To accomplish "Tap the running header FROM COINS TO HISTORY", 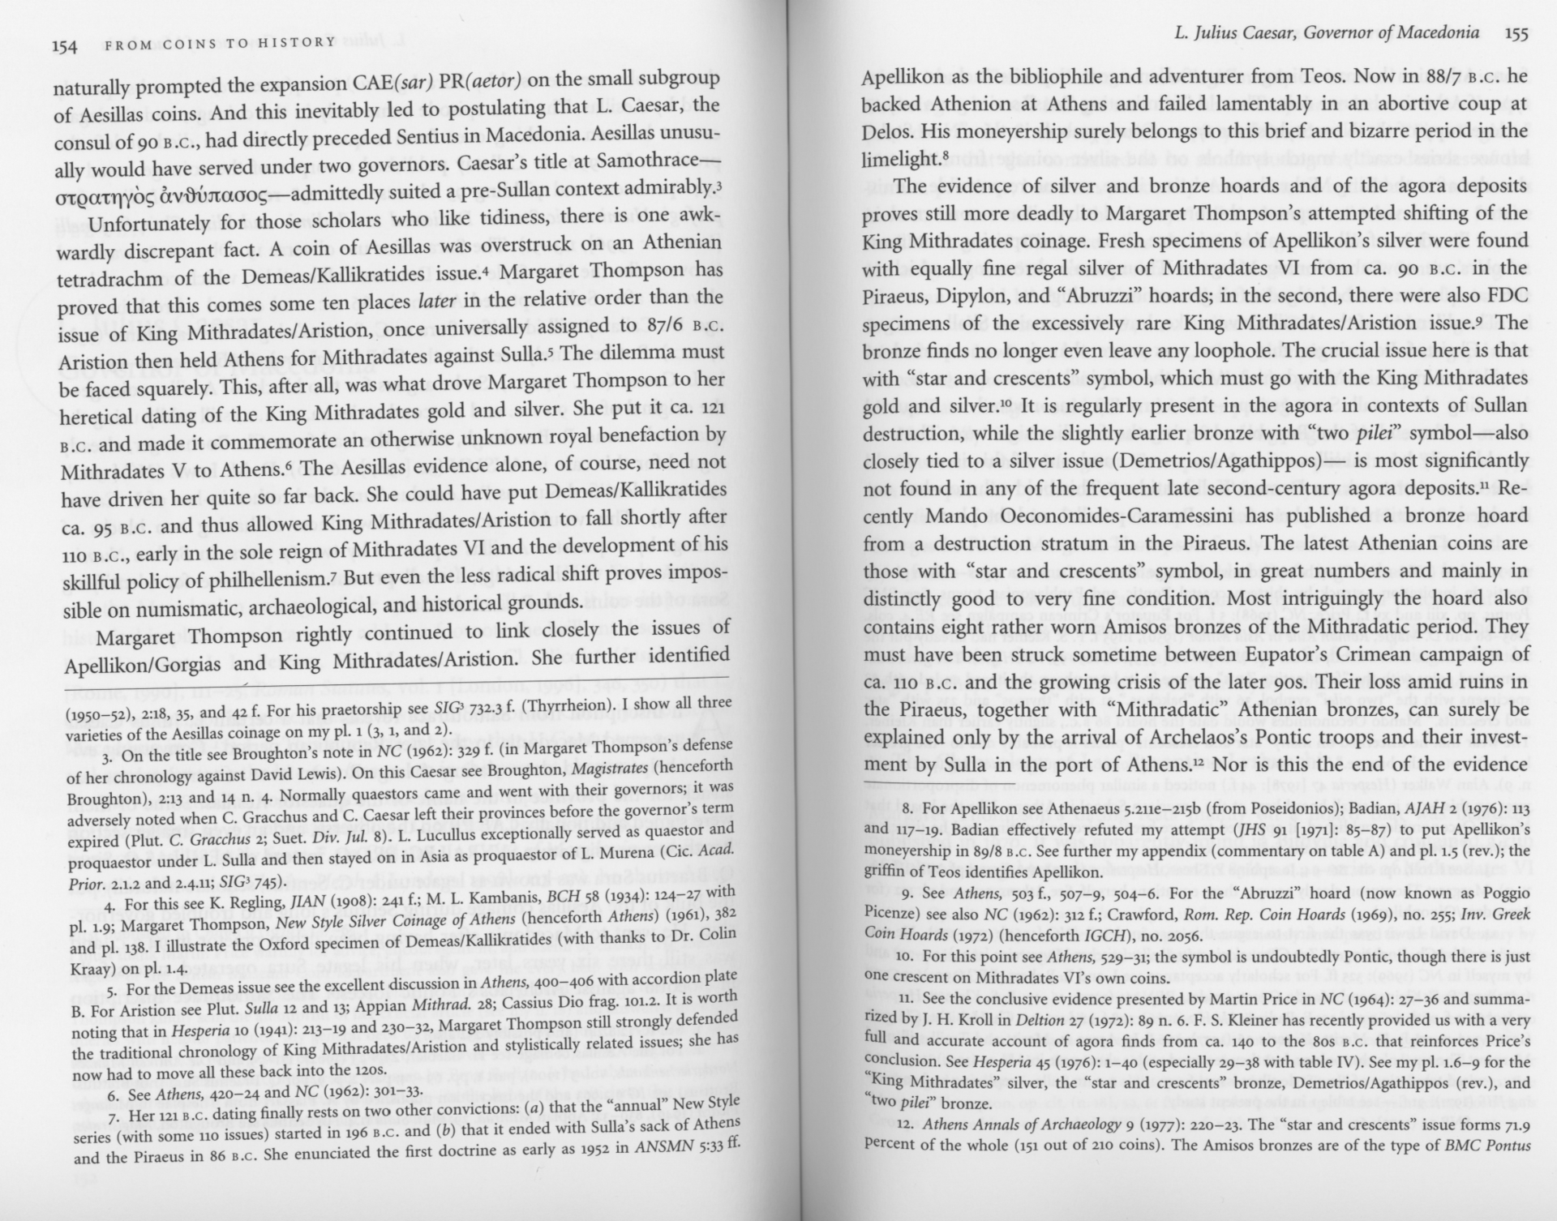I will (x=220, y=43).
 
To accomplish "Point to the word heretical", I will (x=103, y=417).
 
